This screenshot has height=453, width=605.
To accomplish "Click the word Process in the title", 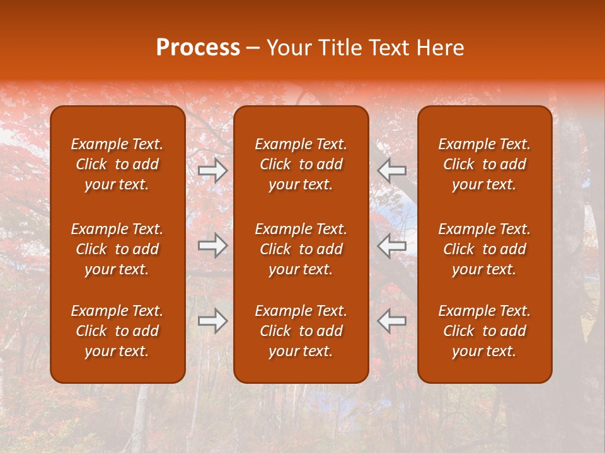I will point(198,48).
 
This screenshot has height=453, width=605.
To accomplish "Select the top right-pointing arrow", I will point(213,171).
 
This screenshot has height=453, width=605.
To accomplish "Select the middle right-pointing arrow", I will point(213,245).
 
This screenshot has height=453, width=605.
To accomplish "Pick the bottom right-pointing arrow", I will point(213,321).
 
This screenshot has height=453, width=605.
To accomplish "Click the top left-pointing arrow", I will point(392,171).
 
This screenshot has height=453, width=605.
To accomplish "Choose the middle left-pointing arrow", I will point(392,245).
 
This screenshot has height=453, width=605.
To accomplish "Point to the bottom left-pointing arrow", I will point(392,321).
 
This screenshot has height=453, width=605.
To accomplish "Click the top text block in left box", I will point(117,164).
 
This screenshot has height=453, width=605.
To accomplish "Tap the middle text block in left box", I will point(117,249).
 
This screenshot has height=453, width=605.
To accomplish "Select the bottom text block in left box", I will point(117,331).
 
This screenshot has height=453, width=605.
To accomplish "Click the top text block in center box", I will point(301,164).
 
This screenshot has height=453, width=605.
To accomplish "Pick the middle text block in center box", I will point(301,249).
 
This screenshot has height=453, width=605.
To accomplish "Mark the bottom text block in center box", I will point(301,331).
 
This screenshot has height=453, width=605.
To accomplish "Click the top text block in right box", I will point(485,164).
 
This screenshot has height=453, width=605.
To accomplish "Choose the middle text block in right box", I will point(485,249).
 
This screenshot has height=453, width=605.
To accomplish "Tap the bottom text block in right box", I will point(485,331).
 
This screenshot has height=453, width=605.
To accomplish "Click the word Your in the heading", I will point(285,48).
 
